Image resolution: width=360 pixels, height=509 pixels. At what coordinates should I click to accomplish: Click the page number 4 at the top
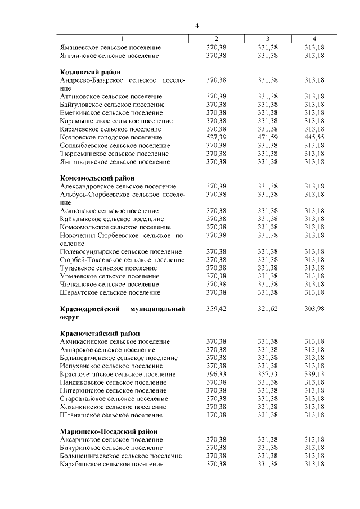(x=197, y=25)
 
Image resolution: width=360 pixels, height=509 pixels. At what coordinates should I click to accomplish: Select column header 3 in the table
(x=267, y=38)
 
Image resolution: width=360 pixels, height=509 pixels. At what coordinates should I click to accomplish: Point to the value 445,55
(x=315, y=137)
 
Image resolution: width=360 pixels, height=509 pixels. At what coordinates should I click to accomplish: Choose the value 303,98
(x=315, y=309)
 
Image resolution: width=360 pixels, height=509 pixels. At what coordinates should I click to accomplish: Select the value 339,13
(x=315, y=374)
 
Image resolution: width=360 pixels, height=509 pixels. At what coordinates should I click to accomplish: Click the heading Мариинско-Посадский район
(x=109, y=431)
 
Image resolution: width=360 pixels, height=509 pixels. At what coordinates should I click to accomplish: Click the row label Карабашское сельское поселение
(x=111, y=464)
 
